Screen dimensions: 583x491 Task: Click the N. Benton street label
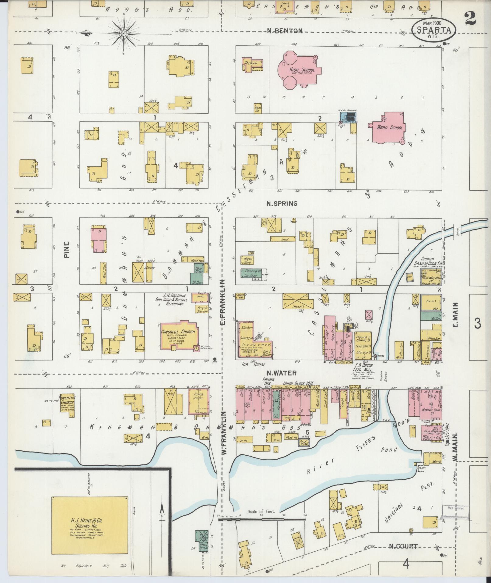tap(285, 30)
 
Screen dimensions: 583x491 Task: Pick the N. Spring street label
tap(282, 204)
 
